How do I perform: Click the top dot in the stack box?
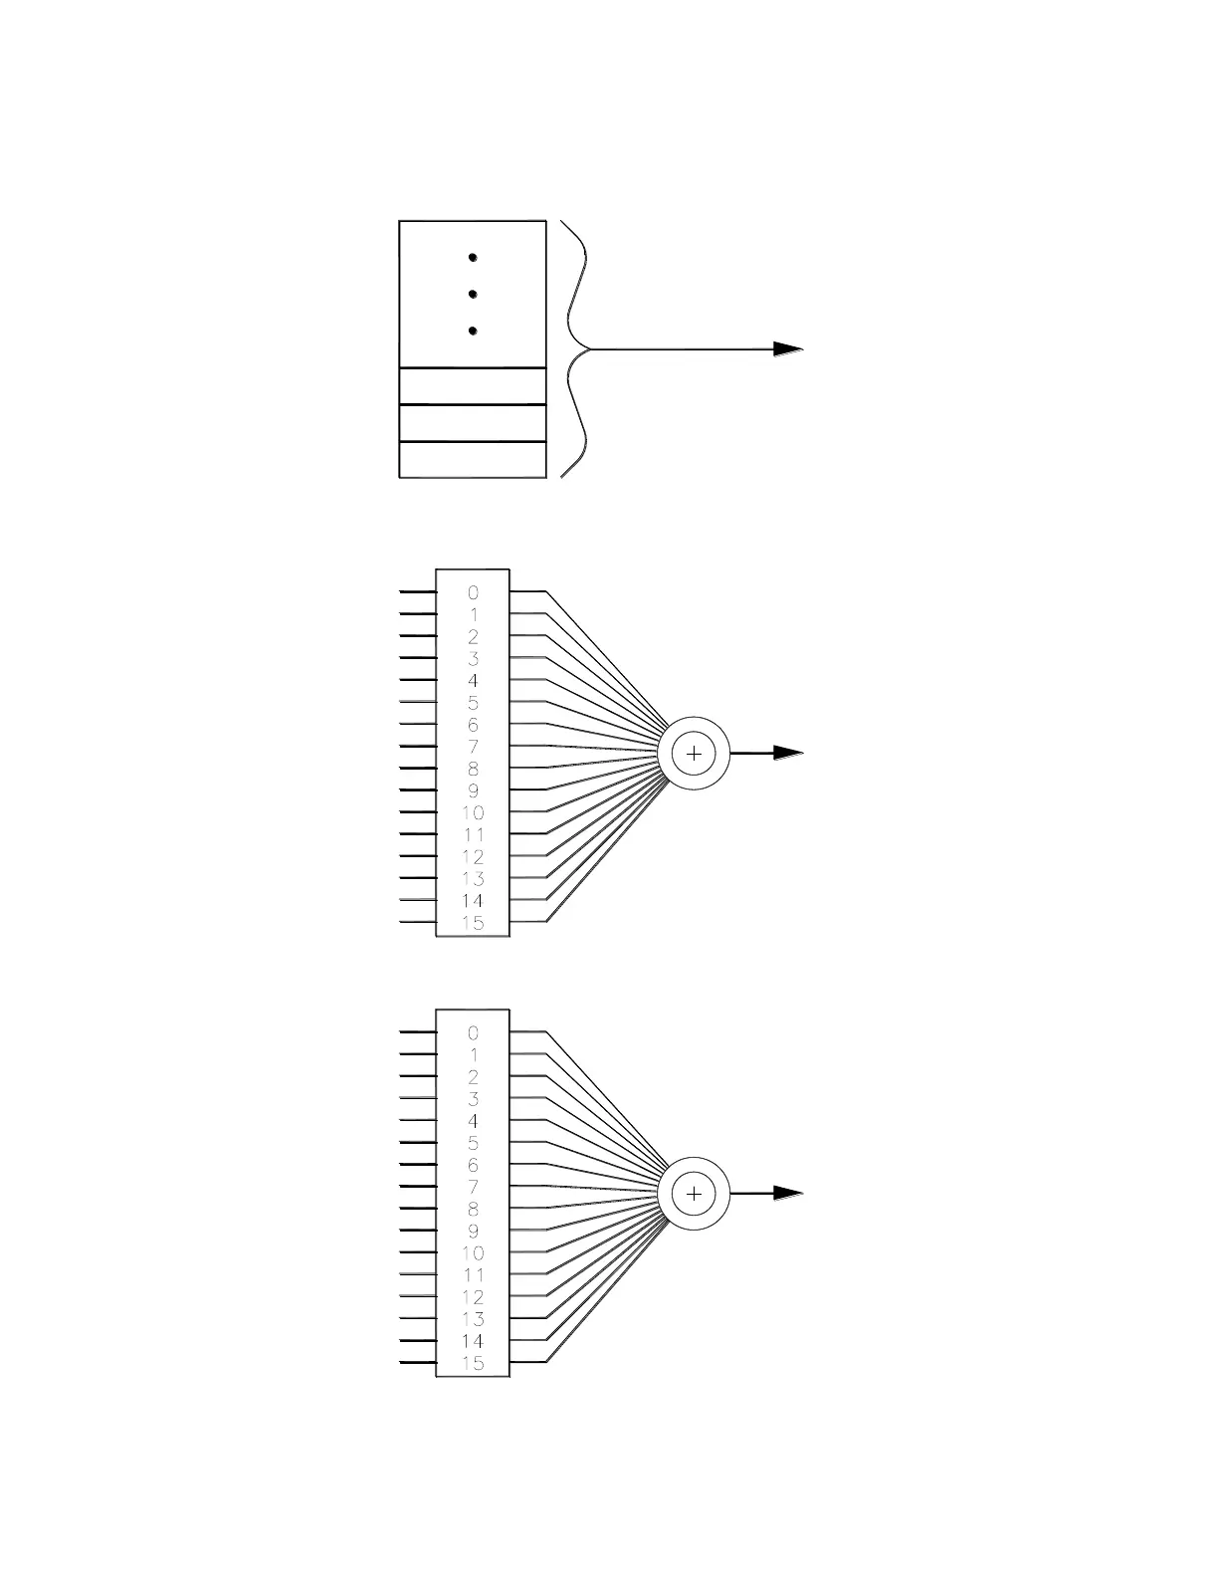click(x=473, y=257)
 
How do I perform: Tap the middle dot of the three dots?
click(x=473, y=294)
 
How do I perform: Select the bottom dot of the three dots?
click(x=473, y=331)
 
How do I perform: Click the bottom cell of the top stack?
click(x=473, y=460)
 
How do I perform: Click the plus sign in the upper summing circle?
click(x=694, y=754)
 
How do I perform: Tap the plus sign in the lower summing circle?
click(x=694, y=1194)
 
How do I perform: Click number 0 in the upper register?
click(x=473, y=592)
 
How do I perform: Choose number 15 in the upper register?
click(x=473, y=923)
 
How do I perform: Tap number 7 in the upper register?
click(x=473, y=747)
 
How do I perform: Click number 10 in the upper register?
click(x=473, y=812)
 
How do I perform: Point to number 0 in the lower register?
click(x=473, y=1033)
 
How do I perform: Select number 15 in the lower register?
click(x=473, y=1363)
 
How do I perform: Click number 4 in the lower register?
click(x=473, y=1121)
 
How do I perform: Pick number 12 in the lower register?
click(x=473, y=1297)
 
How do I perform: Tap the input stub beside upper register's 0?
click(x=418, y=591)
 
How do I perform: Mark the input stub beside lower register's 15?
click(x=418, y=1362)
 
